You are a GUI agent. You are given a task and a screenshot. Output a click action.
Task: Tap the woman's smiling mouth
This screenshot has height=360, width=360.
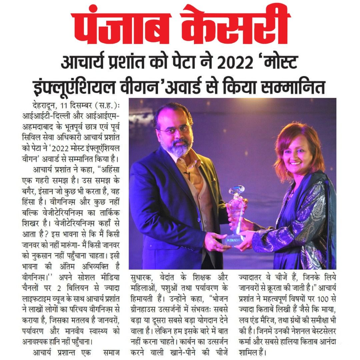[295, 164]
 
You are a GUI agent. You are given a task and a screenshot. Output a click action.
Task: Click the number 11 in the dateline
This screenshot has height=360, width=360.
[65, 106]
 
